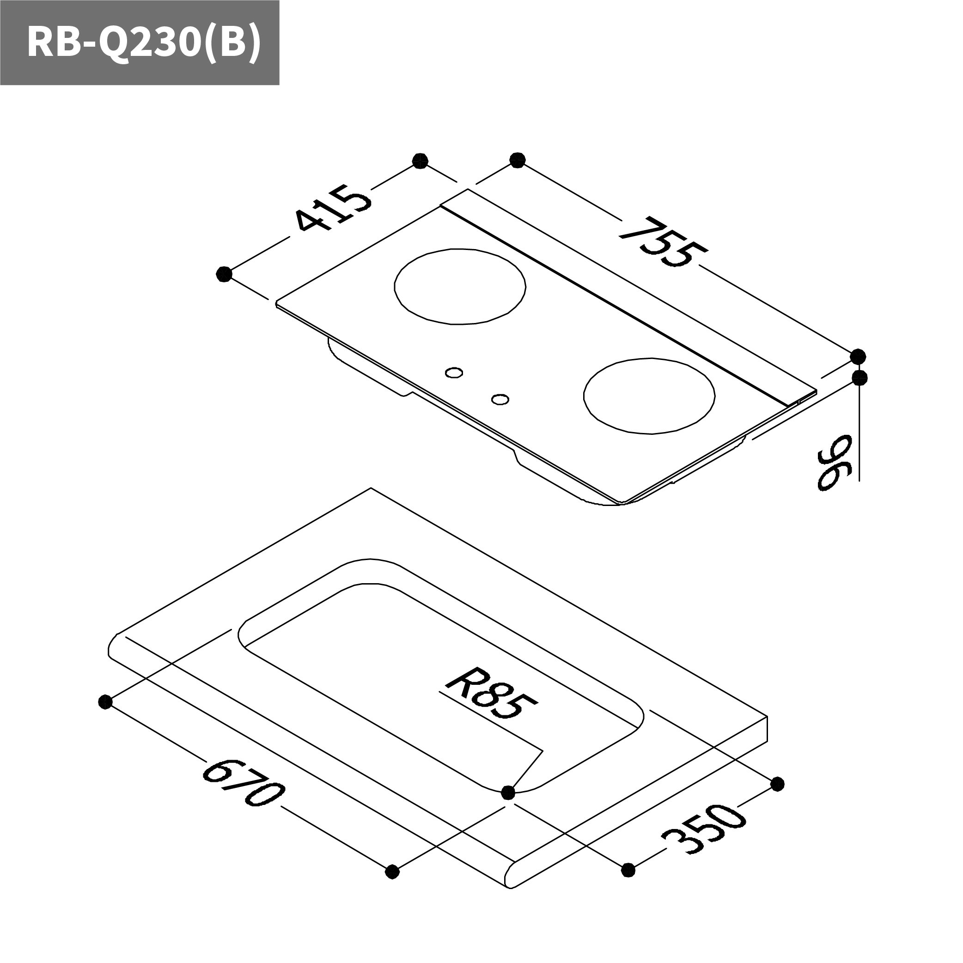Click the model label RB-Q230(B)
coord(144,43)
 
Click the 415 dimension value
coord(333,208)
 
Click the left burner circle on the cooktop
coord(460,286)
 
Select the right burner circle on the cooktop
coord(649,396)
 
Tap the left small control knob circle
coord(454,372)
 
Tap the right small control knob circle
coord(500,399)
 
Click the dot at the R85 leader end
coord(508,792)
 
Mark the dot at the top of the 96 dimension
coord(860,378)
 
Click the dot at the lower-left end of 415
coord(224,274)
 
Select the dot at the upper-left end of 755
coord(518,160)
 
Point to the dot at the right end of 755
coord(858,356)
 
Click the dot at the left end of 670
coord(105,702)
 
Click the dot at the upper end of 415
coord(421,161)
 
